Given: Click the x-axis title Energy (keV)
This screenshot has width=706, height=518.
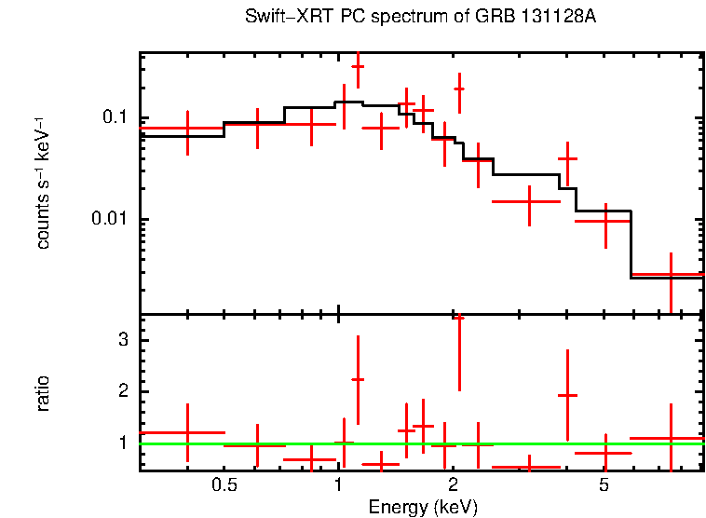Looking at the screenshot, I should coord(423,507).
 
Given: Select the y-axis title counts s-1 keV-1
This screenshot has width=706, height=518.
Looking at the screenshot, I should coord(43,182).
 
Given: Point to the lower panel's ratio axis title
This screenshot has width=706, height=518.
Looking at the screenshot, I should coord(43,393).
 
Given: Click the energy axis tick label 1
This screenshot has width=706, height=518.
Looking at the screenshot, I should coord(338,485).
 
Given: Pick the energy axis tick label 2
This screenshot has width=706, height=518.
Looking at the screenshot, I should coord(453,485).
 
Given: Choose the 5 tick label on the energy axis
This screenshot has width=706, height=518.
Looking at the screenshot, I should coord(604,485).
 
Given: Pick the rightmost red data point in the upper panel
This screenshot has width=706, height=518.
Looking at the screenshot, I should coord(671,275).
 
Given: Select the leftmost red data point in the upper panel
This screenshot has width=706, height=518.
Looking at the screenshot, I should coord(187,128).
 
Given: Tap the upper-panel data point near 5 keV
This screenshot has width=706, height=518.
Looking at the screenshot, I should coord(605,221).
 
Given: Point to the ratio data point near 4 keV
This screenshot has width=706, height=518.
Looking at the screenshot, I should coord(567,396).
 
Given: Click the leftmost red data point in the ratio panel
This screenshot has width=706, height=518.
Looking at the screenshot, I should coord(187,432).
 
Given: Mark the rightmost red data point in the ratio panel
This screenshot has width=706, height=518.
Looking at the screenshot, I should coord(671,438).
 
